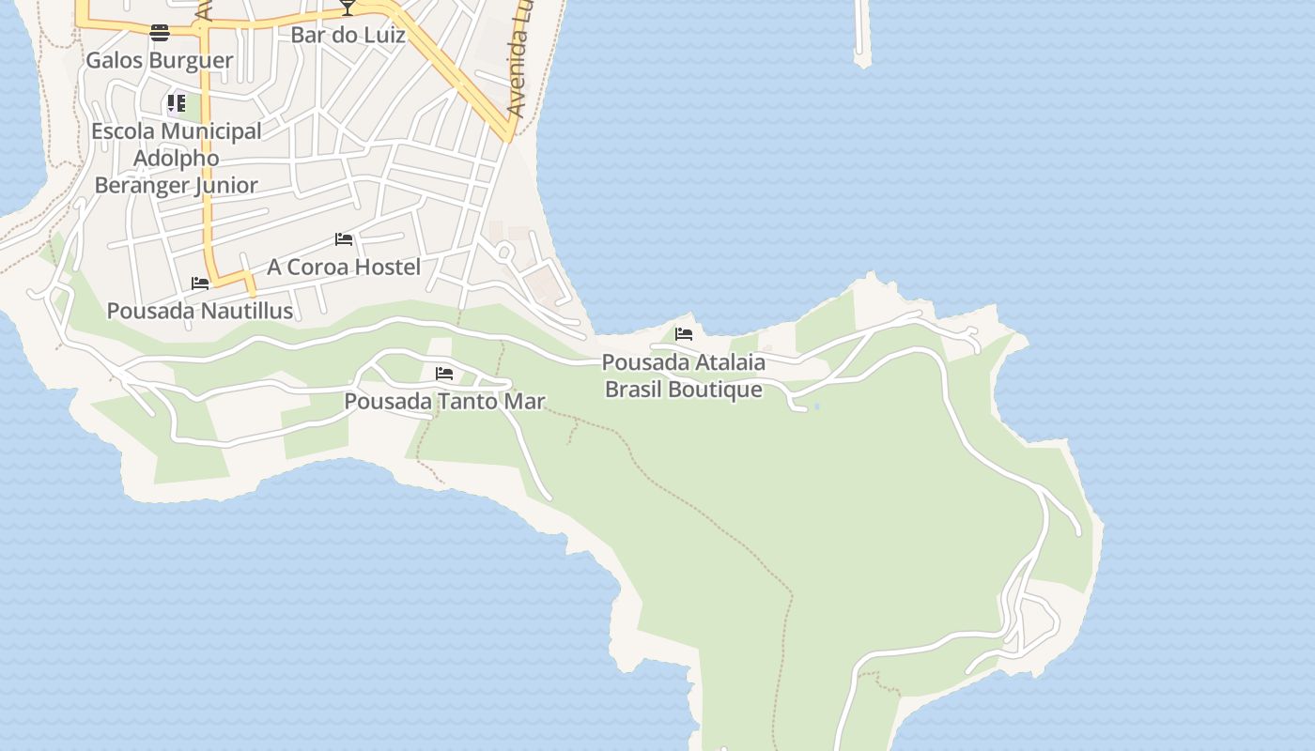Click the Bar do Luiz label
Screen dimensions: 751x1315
(348, 36)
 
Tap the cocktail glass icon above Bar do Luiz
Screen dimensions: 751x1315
(348, 8)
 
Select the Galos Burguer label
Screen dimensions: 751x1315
(159, 61)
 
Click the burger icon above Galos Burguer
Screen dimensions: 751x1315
(160, 33)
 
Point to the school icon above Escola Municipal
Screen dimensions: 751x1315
(177, 102)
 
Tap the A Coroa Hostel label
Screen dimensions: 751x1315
(344, 268)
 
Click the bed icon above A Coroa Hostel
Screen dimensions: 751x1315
(344, 239)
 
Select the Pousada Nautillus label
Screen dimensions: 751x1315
(200, 311)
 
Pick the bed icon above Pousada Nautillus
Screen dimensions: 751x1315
(200, 283)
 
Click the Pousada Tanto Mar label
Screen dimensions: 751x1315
(444, 402)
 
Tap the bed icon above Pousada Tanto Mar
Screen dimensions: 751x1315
(444, 374)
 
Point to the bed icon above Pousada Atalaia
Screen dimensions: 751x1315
(684, 334)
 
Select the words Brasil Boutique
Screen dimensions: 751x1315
(683, 389)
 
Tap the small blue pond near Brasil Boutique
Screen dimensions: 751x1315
(816, 406)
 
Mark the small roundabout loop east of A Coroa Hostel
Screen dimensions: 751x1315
(504, 252)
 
